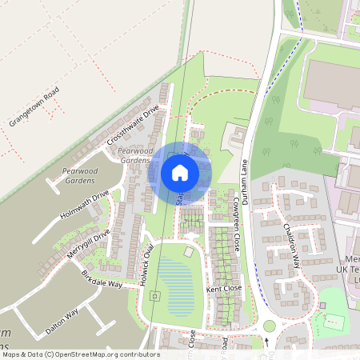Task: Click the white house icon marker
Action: pyautogui.click(x=180, y=172)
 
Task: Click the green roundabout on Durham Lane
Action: pyautogui.click(x=269, y=326)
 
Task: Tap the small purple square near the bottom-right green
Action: pyautogui.click(x=322, y=305)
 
